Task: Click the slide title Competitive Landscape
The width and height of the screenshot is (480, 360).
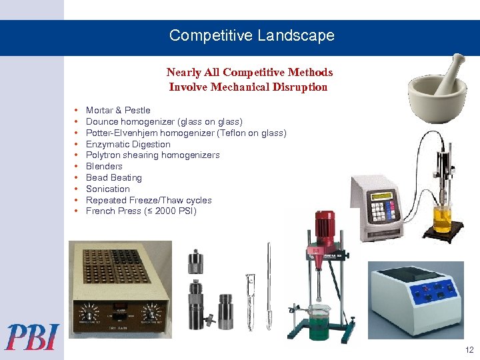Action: tap(251, 35)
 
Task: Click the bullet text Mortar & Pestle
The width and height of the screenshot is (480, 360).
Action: tap(118, 110)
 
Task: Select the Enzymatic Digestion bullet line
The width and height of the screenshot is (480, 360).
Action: tap(128, 144)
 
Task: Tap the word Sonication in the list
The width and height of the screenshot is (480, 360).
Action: tap(108, 189)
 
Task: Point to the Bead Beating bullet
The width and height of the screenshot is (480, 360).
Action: tap(113, 177)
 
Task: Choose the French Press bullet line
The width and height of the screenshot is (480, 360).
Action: tap(141, 211)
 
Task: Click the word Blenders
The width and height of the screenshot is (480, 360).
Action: tap(104, 166)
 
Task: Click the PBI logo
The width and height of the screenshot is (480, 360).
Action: tap(33, 337)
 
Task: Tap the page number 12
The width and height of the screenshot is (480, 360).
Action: tap(469, 350)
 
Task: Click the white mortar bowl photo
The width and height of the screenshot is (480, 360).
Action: tap(434, 93)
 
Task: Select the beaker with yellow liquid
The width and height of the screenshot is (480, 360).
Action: tap(443, 219)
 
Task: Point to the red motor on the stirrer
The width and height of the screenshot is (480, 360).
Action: tap(325, 227)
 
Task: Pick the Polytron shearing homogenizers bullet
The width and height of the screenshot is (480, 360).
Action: tap(153, 155)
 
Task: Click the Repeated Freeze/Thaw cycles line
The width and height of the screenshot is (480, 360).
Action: tap(149, 200)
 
